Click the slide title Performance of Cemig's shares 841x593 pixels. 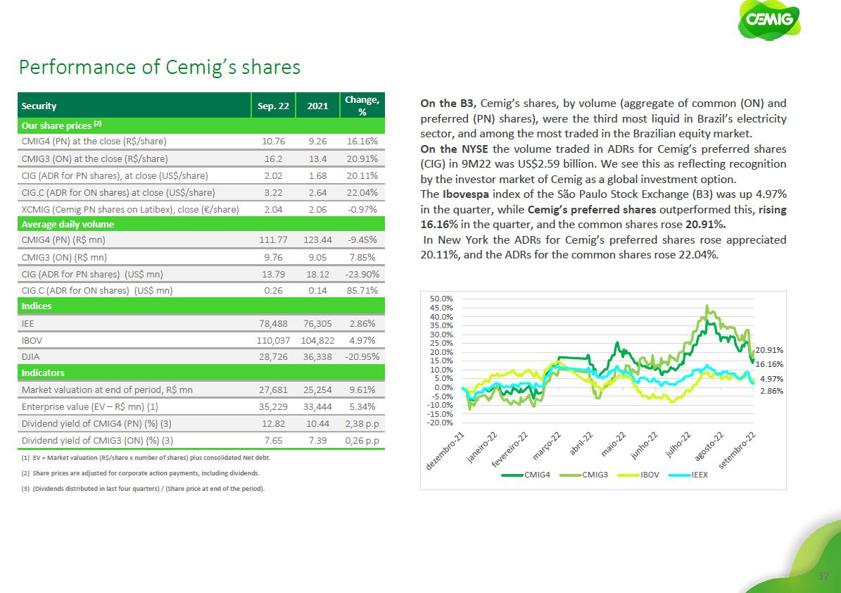(x=160, y=67)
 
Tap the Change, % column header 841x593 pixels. (x=362, y=106)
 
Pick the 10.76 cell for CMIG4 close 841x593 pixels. (x=273, y=142)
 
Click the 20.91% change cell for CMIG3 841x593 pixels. (x=363, y=158)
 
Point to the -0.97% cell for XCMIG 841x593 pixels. (x=364, y=209)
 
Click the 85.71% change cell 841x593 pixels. (x=363, y=290)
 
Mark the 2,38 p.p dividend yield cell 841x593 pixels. (x=362, y=423)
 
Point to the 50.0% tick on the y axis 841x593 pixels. (x=441, y=299)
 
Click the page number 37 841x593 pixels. (x=822, y=577)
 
